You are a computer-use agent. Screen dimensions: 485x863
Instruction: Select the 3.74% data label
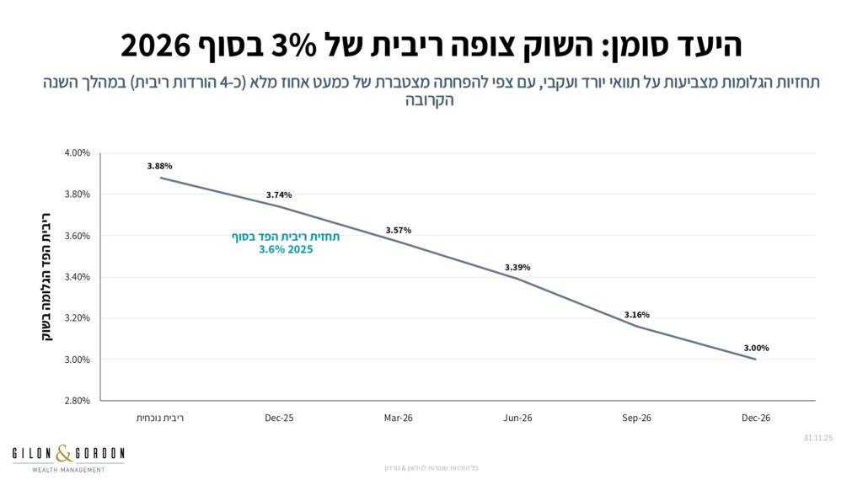(279, 195)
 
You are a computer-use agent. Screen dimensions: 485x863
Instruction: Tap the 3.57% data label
(399, 230)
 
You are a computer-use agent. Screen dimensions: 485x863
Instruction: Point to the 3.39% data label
(517, 267)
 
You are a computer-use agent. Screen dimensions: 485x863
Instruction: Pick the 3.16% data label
(637, 315)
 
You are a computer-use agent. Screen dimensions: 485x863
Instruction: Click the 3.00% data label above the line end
(756, 348)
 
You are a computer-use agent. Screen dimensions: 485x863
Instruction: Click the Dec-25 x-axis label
(279, 418)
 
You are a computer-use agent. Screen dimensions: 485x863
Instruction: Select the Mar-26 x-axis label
(399, 418)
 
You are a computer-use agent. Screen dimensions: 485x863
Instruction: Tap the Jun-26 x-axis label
(517, 418)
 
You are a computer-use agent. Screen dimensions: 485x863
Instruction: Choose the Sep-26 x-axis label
(637, 418)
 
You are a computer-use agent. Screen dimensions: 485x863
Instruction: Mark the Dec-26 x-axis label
(756, 418)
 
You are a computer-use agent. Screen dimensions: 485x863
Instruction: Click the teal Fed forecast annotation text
(287, 243)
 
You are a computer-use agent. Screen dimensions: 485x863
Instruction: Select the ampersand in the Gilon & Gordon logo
(68, 455)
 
